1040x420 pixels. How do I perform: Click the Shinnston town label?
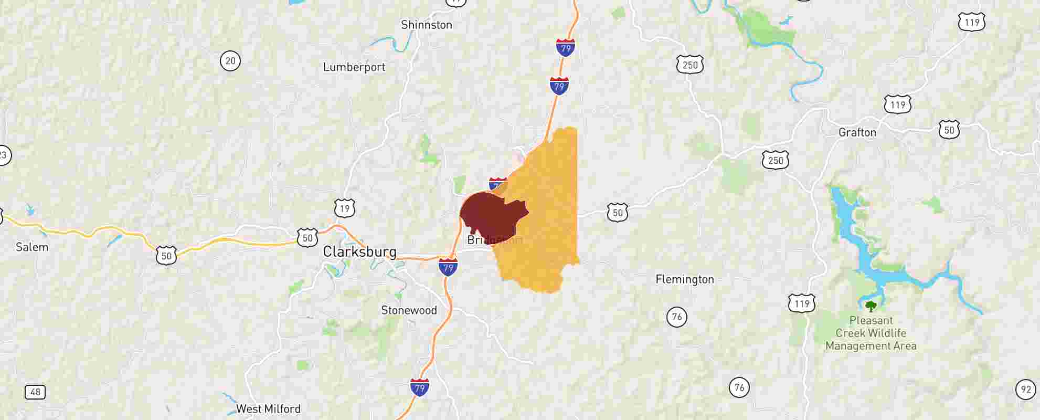426,25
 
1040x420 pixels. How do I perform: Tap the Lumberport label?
354,67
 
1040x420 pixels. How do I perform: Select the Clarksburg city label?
359,251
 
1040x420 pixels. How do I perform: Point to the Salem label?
32,247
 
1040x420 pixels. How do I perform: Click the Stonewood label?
409,310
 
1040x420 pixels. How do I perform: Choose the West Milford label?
268,408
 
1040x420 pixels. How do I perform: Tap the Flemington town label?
685,279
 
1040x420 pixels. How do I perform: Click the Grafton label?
857,132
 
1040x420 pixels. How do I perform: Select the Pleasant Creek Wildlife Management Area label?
871,333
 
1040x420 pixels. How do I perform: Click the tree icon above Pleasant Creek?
871,306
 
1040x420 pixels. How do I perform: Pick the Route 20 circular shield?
230,61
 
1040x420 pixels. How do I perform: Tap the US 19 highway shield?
344,208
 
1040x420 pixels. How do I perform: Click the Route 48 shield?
35,392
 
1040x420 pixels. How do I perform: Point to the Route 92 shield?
1025,390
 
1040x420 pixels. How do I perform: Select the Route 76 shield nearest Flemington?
677,317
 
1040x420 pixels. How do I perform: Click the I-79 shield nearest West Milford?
419,387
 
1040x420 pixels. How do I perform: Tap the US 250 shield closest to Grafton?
776,160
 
